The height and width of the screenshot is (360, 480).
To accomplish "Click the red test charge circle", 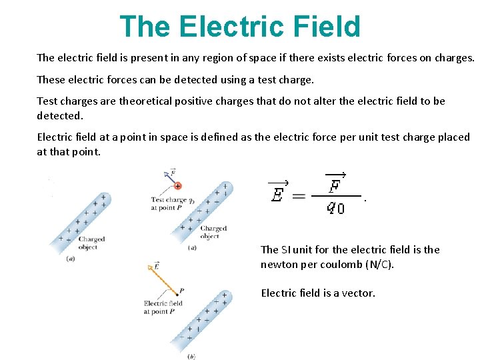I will [x=178, y=186].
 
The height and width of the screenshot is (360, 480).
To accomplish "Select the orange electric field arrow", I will [x=163, y=279].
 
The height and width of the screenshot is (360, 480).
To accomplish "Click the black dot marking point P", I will [x=178, y=294].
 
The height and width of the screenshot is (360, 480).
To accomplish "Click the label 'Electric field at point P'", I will [x=163, y=307].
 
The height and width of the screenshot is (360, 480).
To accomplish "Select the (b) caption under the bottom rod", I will [x=192, y=357].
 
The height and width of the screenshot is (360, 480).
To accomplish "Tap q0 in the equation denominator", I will [x=335, y=209].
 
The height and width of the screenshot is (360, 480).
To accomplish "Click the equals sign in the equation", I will [x=299, y=196].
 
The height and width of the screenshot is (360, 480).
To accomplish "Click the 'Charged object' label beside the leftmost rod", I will [x=91, y=243].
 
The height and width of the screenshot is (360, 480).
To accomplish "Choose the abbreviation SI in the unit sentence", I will [x=287, y=249].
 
